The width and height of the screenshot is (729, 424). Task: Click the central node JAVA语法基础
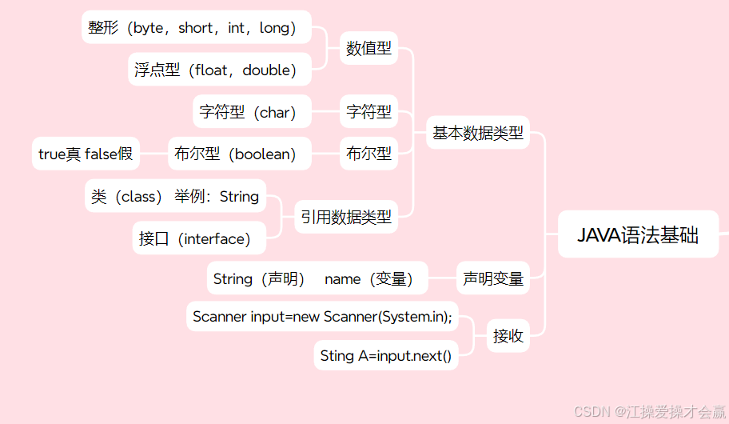[638, 235]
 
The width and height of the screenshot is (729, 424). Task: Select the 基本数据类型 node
[478, 133]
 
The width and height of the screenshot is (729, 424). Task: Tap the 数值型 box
[368, 48]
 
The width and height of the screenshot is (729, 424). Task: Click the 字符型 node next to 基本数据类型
[368, 112]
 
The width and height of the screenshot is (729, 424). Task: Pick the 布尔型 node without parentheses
[368, 154]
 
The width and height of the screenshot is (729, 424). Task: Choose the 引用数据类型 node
[346, 216]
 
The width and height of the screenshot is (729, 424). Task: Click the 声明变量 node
[492, 278]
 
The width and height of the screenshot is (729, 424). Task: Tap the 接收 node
[508, 336]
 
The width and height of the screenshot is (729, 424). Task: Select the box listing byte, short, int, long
[197, 28]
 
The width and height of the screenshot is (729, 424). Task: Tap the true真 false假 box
[86, 154]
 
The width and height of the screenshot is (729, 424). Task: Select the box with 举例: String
[175, 196]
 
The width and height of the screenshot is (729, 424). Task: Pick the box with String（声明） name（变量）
[317, 278]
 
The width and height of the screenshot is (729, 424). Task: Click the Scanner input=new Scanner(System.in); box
[322, 317]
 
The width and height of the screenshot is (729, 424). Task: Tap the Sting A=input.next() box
[386, 355]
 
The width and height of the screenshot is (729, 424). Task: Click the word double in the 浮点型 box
[266, 70]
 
